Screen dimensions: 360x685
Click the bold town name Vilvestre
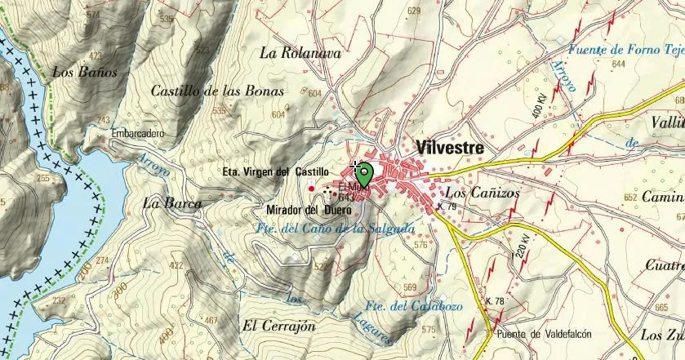(x=449, y=149)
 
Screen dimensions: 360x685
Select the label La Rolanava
(x=300, y=53)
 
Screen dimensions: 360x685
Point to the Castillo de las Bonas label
(x=217, y=91)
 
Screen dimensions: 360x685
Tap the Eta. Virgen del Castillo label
(x=275, y=172)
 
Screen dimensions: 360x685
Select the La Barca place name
(x=171, y=202)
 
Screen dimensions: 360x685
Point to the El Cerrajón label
(x=278, y=326)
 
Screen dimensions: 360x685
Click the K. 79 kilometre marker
(x=447, y=207)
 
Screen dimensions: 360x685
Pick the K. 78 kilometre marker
(x=495, y=301)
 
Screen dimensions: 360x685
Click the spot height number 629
(x=414, y=11)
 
